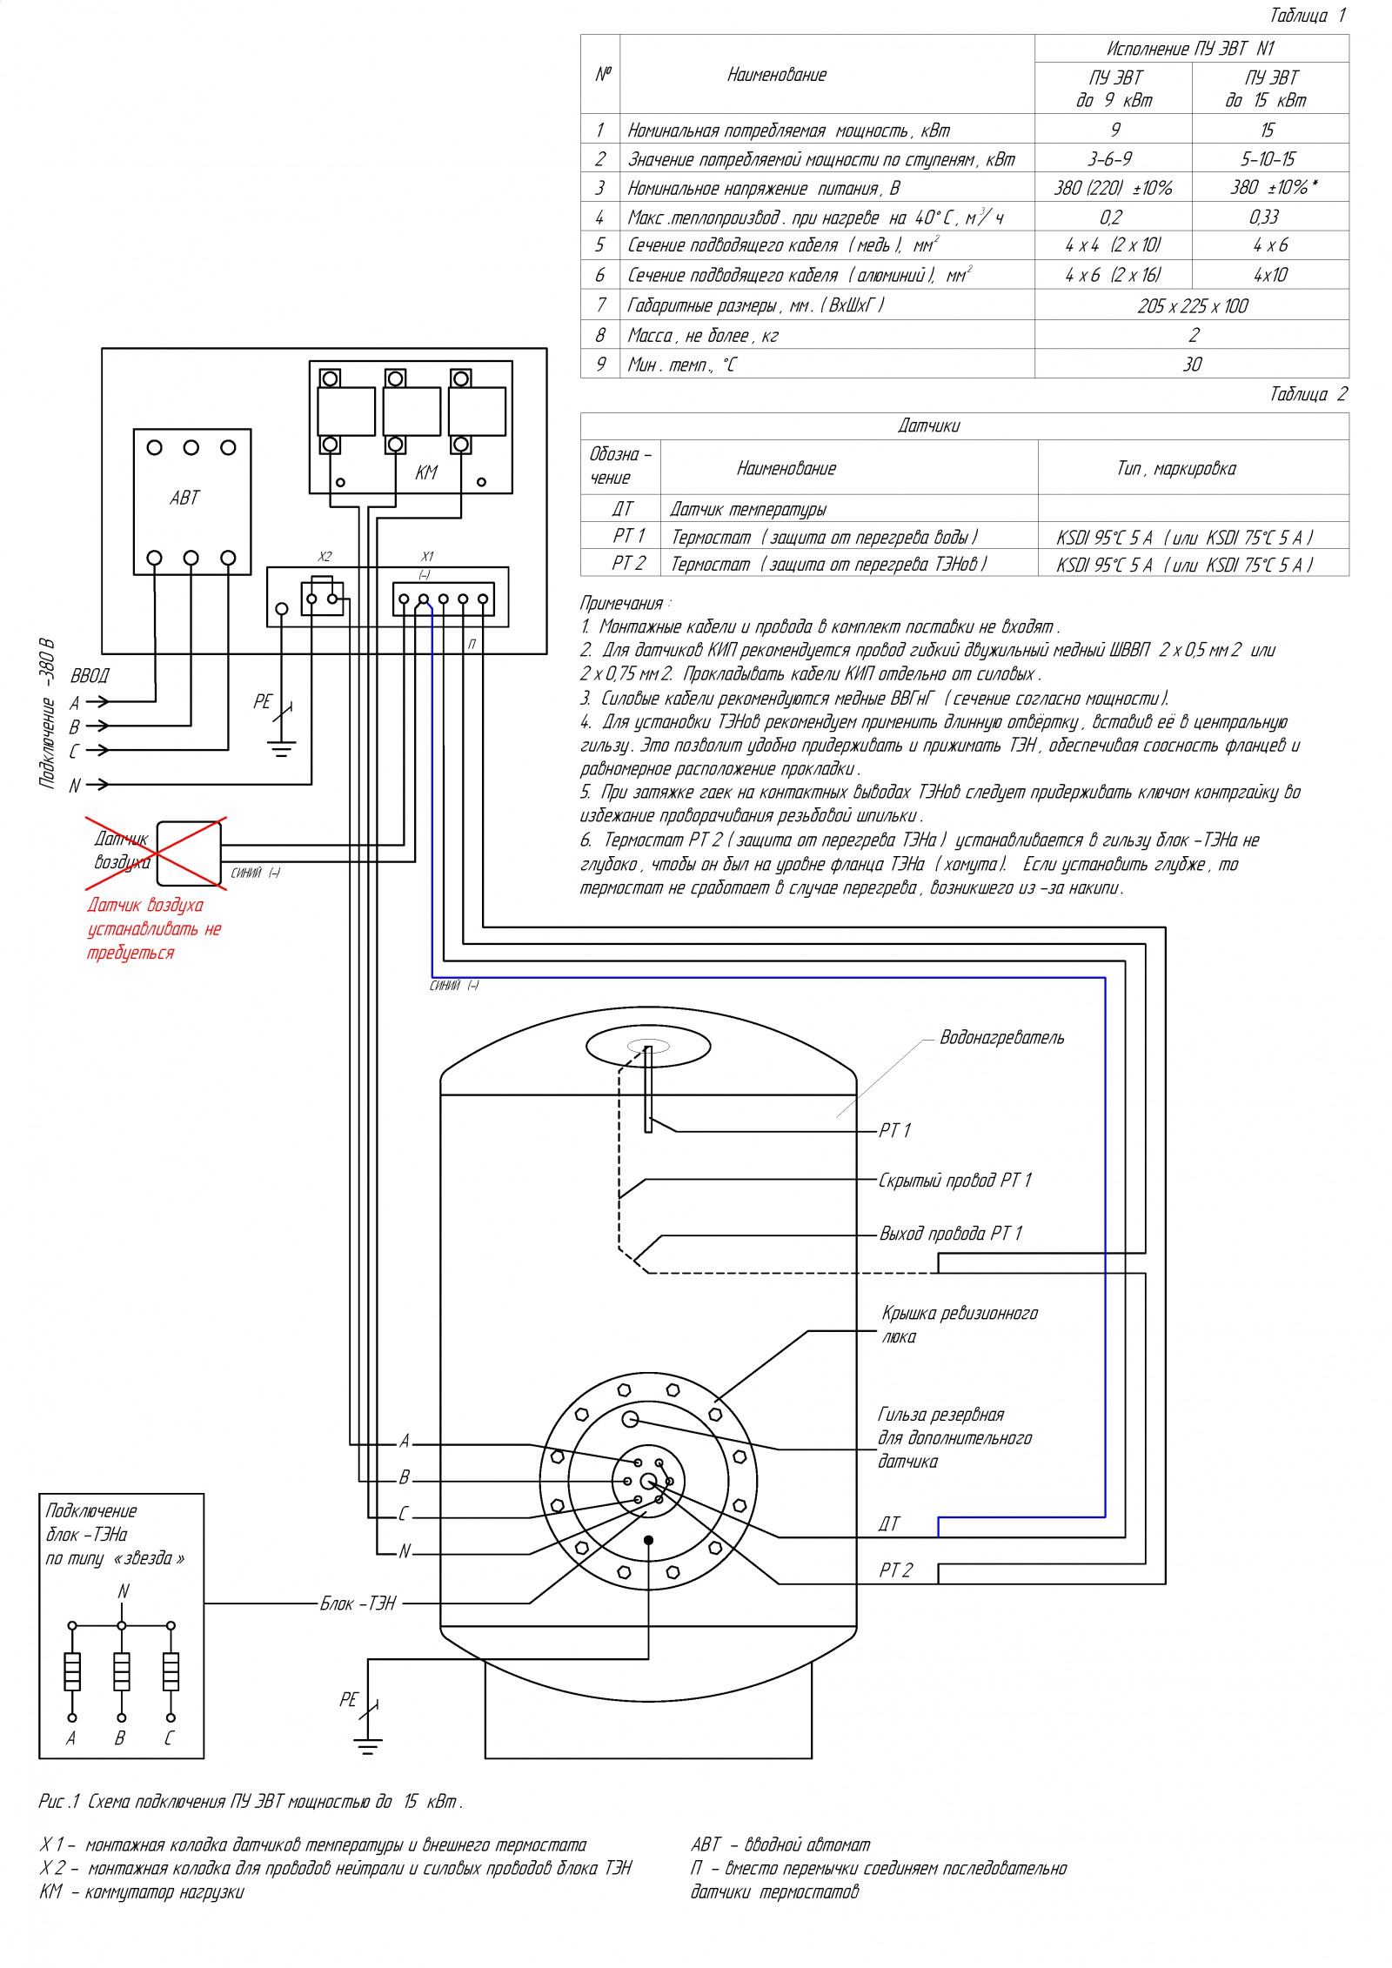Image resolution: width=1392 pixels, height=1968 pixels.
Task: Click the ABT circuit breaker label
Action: pyautogui.click(x=184, y=498)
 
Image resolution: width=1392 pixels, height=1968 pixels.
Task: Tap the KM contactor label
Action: pyautogui.click(x=426, y=472)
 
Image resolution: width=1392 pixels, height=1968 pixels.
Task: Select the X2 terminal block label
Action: pyautogui.click(x=325, y=557)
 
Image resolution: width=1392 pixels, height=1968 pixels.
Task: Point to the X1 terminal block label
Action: pyautogui.click(x=427, y=557)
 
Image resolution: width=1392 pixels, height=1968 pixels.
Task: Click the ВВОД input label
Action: pyautogui.click(x=90, y=676)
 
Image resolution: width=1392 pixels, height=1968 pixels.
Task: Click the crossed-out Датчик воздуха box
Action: pyautogui.click(x=189, y=853)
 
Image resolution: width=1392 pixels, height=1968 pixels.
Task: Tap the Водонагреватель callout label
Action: pyautogui.click(x=1001, y=1037)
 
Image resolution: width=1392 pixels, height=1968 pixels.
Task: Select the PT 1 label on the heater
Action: pyautogui.click(x=894, y=1130)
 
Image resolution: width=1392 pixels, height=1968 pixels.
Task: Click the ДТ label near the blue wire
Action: pyautogui.click(x=889, y=1523)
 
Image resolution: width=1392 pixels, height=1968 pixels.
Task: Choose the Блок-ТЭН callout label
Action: pyautogui.click(x=358, y=1603)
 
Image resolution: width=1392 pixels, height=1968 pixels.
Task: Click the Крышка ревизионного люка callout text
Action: pyautogui.click(x=959, y=1324)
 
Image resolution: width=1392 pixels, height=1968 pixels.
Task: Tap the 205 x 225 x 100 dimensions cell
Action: pyautogui.click(x=1192, y=305)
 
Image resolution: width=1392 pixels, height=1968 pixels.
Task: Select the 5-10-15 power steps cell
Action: pyautogui.click(x=1268, y=159)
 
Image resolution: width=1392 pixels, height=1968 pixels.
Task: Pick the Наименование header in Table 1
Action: pyautogui.click(x=777, y=75)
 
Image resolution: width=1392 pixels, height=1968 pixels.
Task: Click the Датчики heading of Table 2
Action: pyautogui.click(x=929, y=425)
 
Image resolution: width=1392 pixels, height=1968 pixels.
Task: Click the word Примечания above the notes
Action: pyautogui.click(x=621, y=604)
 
